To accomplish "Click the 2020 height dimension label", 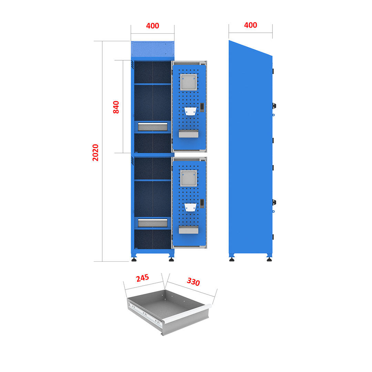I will point(95,152).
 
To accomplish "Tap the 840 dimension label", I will point(116,107).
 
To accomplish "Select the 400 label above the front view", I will point(153,26).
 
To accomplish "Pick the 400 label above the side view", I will point(250,25).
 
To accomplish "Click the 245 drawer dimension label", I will point(142,278).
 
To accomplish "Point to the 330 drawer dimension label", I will point(193,282).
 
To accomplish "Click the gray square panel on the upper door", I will point(189,82).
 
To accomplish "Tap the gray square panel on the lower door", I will point(189,178).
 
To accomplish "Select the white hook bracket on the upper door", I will point(190,111).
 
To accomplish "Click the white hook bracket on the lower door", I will point(190,207).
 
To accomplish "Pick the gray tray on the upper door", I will point(188,134).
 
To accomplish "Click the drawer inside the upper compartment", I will point(153,126).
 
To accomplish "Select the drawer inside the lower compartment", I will point(153,223).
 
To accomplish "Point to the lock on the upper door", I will point(202,107).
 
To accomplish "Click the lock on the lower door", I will point(202,204).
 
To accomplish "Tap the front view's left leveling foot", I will point(134,259).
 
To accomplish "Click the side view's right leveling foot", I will point(269,259).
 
